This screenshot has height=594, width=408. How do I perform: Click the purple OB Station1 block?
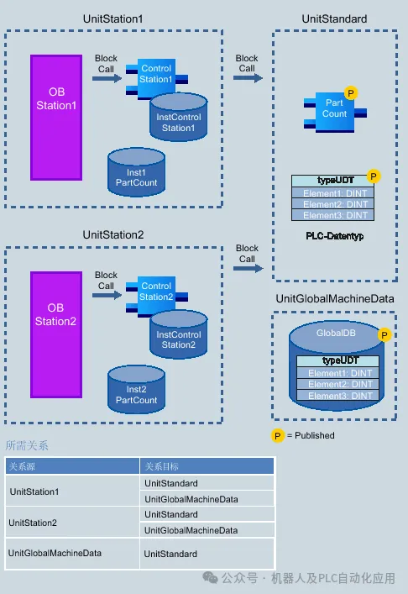tap(56, 118)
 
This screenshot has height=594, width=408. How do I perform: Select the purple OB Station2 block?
tap(56, 334)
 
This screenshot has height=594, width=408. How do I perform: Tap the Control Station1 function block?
tap(157, 78)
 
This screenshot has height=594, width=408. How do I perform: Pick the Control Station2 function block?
tap(157, 296)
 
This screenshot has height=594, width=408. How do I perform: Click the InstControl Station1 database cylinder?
tap(179, 118)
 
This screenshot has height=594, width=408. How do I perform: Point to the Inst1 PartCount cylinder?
tap(136, 172)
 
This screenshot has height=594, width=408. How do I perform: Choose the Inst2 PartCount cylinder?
tap(136, 390)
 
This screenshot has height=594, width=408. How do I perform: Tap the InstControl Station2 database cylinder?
tap(179, 334)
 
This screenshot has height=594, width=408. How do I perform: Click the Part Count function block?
tap(335, 112)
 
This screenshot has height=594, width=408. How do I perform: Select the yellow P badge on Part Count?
tap(351, 92)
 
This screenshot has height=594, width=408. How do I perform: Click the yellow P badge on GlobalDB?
tap(384, 335)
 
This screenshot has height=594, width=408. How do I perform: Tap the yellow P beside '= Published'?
tap(277, 436)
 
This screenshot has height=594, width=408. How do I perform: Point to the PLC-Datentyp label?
tap(335, 236)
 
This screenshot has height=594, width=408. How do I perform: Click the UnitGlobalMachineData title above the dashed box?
tap(335, 299)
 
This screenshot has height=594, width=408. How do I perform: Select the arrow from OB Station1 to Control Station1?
tap(107, 78)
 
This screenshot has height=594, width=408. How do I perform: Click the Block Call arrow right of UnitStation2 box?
tap(248, 269)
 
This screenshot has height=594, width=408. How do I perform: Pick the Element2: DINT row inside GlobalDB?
tap(340, 384)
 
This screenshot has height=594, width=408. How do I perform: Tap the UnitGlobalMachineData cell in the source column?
tap(55, 553)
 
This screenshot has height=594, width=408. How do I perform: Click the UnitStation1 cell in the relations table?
tap(34, 491)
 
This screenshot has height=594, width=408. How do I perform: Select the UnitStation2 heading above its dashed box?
tap(113, 235)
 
